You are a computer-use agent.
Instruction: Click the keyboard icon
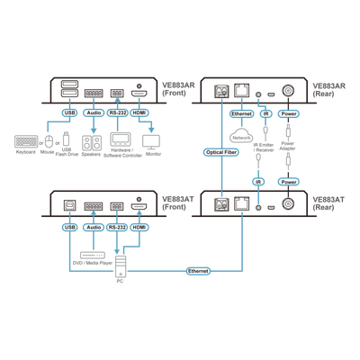coord(26,141)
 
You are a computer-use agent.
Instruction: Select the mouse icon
coord(49,141)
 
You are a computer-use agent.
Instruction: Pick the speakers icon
coord(92,143)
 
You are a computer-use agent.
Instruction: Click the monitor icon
coord(151,142)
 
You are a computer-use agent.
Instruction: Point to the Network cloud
coord(241,136)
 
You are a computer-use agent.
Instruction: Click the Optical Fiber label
coord(221,152)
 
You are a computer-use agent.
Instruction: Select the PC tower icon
coord(121,266)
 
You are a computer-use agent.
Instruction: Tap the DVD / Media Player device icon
coord(93,256)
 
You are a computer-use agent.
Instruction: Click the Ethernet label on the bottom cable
coord(198,271)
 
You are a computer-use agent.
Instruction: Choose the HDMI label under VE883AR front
coord(139,112)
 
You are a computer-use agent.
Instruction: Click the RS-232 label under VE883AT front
coord(117,228)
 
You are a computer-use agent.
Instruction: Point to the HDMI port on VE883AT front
coord(139,206)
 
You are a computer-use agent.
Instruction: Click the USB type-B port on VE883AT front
coord(69,205)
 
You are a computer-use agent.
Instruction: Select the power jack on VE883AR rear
coord(288,90)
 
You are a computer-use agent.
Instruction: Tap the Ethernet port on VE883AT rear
coord(241,204)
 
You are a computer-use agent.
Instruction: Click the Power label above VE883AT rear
coord(289,182)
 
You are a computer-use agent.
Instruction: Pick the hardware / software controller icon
coord(121,139)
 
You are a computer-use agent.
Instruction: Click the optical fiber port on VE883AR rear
coord(221,91)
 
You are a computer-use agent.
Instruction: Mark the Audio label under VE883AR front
coord(94,112)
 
